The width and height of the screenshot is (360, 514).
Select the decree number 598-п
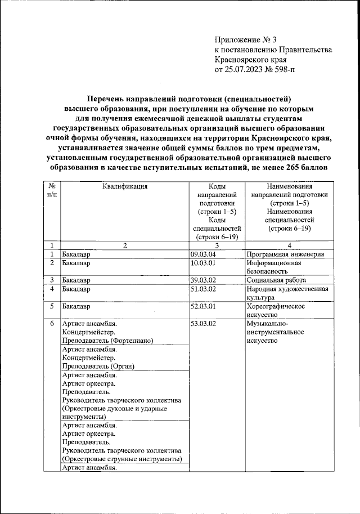297,70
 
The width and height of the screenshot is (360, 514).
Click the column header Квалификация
125,186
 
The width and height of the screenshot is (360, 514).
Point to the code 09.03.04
203,254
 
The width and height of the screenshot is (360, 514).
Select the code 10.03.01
203,263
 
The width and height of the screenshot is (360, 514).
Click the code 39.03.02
203,280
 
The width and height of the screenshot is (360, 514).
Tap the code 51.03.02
203,289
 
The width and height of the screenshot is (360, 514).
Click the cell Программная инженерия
285,254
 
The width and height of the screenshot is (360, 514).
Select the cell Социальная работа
276,280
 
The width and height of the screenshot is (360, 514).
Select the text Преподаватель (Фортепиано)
107,341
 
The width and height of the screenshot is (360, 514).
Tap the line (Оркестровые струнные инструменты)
122,459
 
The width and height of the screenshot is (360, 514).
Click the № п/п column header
51,190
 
